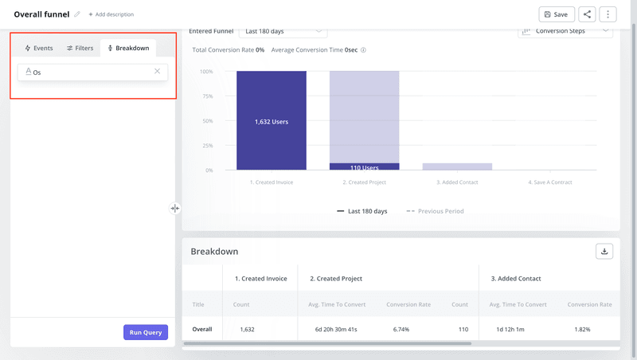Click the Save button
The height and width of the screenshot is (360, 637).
556,14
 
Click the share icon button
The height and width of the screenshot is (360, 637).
587,14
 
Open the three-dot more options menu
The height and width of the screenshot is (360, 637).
608,14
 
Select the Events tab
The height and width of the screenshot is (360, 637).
39,49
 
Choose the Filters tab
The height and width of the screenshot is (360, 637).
80,49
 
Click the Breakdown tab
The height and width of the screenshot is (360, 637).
128,49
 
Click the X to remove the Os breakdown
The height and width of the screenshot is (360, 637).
157,72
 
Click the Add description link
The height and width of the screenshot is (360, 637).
111,14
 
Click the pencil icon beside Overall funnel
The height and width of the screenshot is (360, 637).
77,14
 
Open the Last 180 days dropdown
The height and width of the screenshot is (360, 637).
283,32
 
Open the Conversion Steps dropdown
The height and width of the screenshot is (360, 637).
565,32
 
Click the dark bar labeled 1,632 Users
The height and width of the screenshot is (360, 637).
272,121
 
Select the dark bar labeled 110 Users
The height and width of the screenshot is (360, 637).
364,166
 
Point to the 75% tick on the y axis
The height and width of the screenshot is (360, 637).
206,96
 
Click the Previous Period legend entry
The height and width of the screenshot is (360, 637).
435,211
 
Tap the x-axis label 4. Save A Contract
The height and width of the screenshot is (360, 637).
550,182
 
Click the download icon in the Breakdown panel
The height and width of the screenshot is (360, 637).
604,252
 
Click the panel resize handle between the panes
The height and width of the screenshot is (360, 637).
174,209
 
